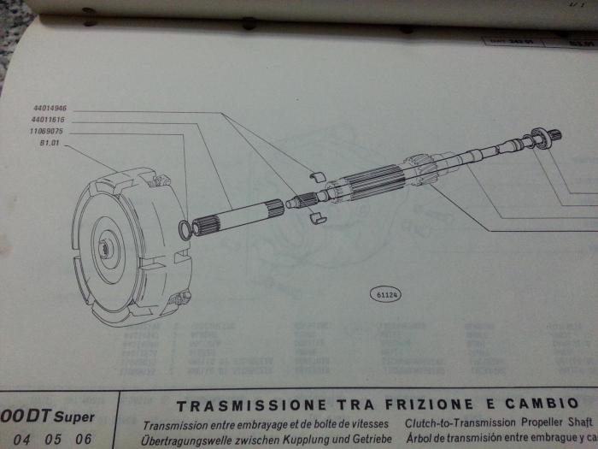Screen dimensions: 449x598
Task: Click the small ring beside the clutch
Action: (185, 228)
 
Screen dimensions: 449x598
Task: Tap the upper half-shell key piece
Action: (317, 177)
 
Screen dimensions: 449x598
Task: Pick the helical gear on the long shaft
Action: (421, 166)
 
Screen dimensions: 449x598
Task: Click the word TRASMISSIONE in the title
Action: (249, 405)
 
